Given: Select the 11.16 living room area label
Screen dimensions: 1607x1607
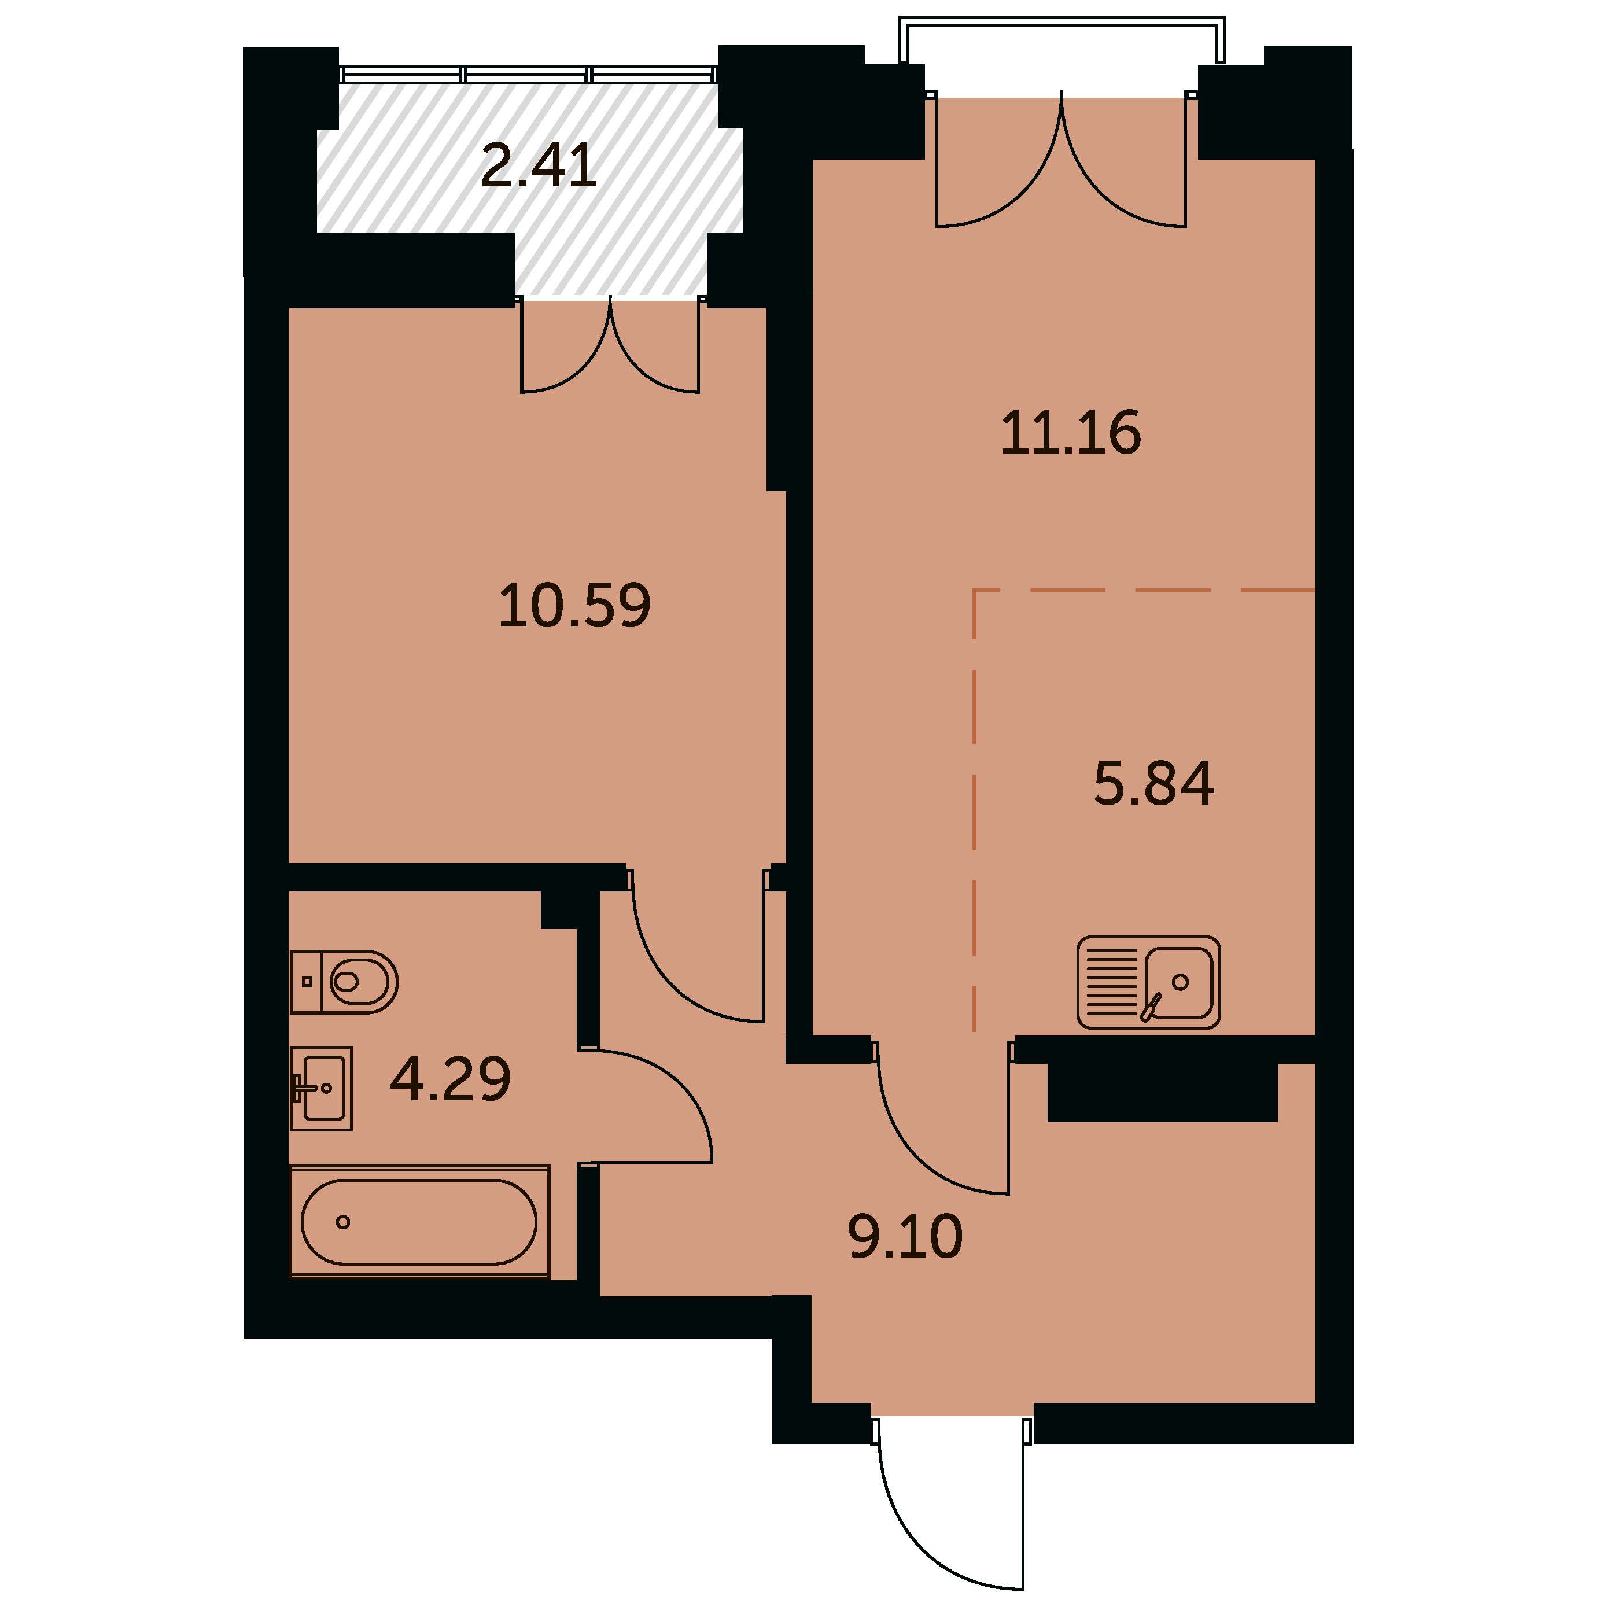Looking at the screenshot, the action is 1071,433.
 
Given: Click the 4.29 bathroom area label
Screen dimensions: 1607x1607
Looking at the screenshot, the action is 450,1079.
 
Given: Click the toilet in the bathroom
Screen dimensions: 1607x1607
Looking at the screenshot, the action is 344,982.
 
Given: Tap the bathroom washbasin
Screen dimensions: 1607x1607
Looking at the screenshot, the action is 321,1088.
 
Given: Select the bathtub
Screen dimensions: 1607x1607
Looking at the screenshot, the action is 420,1221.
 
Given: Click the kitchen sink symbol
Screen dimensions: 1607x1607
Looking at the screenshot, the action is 1149,982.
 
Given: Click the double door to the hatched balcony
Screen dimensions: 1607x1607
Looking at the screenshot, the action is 610,344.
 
